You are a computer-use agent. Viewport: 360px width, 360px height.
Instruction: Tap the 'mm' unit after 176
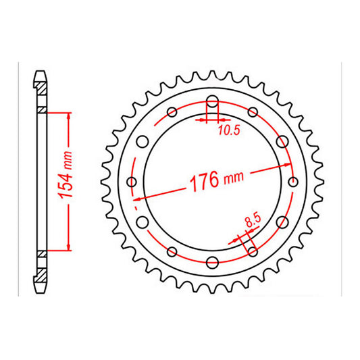coord(232,177)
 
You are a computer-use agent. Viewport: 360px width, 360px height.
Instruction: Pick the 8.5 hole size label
coord(252,220)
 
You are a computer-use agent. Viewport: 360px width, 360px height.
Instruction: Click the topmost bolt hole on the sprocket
coord(213,103)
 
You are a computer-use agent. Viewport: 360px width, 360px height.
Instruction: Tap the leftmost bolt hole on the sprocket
coord(132,182)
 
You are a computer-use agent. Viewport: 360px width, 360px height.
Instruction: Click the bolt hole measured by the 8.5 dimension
coord(253,251)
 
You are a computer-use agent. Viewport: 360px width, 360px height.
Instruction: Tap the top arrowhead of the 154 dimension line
coord(68,113)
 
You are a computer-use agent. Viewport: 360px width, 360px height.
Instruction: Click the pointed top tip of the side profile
coord(41,69)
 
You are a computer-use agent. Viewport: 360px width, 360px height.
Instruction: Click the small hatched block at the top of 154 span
coord(41,111)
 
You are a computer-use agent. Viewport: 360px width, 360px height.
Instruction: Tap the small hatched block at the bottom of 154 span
coord(41,253)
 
